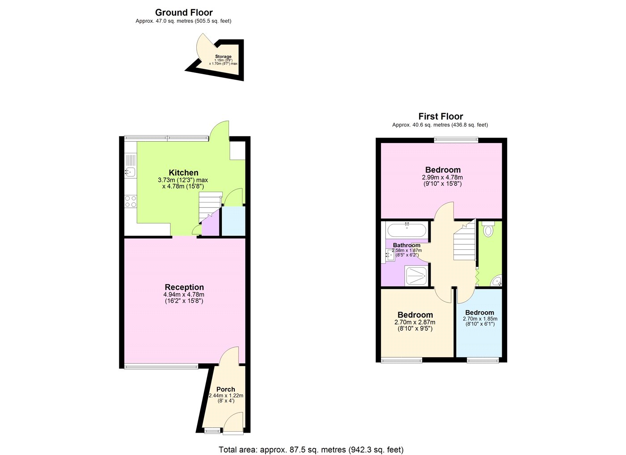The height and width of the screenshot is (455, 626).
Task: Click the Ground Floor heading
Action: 184,13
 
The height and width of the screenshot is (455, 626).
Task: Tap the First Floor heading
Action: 441,116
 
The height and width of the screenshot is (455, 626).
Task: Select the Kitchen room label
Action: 184,173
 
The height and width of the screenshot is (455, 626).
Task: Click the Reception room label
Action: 184,287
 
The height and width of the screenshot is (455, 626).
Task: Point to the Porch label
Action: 226,389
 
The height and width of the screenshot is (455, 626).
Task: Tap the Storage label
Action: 223,56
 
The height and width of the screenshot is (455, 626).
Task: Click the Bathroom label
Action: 406,245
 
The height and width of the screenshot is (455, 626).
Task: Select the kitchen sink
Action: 130,172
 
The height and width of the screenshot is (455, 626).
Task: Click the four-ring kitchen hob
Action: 131,202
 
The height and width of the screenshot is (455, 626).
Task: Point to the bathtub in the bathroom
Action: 407,230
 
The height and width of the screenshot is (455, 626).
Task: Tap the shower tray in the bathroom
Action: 416,277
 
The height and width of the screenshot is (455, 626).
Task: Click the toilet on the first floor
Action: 488,229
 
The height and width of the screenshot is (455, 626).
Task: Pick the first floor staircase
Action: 464,241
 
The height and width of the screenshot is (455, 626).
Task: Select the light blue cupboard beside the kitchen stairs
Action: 233,221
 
